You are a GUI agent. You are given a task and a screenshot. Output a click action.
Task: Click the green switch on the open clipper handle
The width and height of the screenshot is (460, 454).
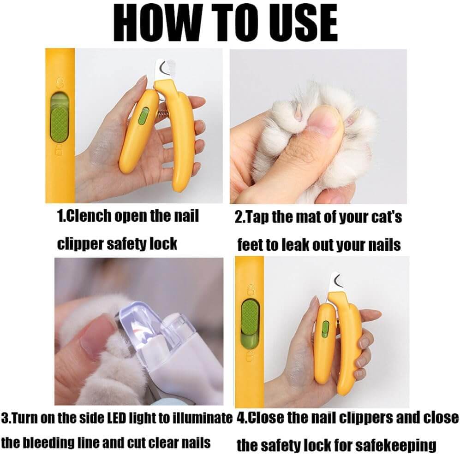tap(143, 115)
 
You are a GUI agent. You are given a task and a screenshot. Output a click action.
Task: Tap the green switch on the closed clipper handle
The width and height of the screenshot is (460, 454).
tap(325, 329)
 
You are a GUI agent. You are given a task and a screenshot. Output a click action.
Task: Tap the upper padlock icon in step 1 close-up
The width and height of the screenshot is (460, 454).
tap(60, 83)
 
